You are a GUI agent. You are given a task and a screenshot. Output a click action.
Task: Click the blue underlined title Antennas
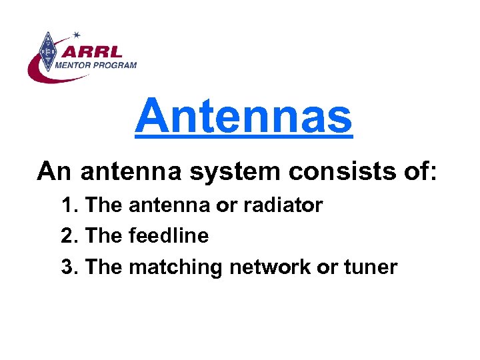[243, 115]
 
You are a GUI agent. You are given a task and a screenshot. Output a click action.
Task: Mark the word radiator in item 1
[282, 205]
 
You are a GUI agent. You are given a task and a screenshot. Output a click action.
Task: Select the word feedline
[169, 236]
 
